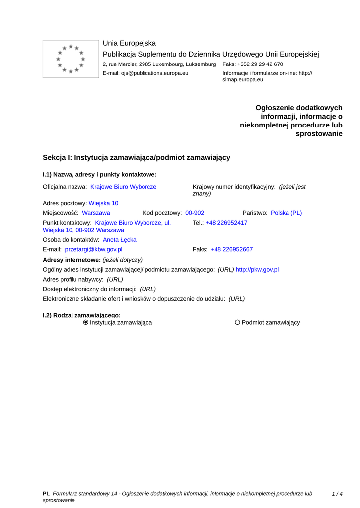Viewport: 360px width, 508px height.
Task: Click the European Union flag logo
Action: pos(71,59)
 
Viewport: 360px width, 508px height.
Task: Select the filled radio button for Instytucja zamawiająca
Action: pos(86,322)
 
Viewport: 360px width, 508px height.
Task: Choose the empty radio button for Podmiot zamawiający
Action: pos(237,322)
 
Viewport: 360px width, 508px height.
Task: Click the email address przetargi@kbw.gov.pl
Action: pos(93,249)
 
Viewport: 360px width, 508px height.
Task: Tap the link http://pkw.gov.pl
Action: pos(257,269)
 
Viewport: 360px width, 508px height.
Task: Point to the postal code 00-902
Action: pos(195,213)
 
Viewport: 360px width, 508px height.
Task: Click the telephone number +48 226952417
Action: pos(226,223)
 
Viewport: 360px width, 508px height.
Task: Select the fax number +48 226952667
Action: pos(231,249)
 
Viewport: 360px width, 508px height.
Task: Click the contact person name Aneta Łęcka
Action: pos(119,239)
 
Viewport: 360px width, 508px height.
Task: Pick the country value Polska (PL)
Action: pos(286,213)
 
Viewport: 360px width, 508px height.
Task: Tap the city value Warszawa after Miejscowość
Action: pos(96,213)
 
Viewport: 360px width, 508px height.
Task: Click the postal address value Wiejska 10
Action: pos(103,203)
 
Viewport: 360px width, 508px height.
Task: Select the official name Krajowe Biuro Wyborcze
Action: pos(123,187)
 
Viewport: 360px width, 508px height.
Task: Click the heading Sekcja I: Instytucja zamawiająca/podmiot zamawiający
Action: pos(137,157)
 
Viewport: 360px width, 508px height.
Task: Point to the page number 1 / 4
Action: pos(337,494)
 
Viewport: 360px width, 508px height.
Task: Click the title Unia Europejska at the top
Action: pos(129,43)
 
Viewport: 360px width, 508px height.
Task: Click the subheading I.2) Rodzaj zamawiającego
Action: pos(81,315)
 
